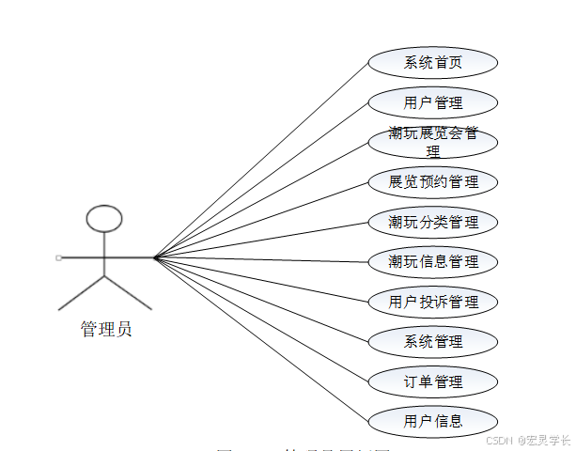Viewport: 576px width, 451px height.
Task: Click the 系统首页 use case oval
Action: pos(432,63)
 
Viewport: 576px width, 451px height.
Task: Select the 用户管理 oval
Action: pos(432,102)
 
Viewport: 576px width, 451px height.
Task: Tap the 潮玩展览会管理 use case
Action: pos(432,142)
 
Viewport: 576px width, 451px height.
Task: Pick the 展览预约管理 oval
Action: pos(432,182)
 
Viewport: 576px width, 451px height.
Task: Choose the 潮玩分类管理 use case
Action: pos(432,223)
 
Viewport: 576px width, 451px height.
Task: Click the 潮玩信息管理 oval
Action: pos(432,262)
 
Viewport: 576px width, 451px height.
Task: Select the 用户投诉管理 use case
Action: pos(432,303)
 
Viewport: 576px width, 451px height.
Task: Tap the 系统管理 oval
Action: pos(432,342)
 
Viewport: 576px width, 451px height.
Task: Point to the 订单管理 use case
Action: pos(432,382)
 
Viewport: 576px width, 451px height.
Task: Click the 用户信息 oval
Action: pos(432,421)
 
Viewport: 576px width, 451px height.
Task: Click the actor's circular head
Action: pos(104,219)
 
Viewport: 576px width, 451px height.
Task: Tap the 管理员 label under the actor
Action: pos(105,329)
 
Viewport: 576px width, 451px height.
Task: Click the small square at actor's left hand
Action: pos(58,257)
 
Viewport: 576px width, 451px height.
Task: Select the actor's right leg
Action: pos(128,292)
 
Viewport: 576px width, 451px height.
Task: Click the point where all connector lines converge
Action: pos(155,257)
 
